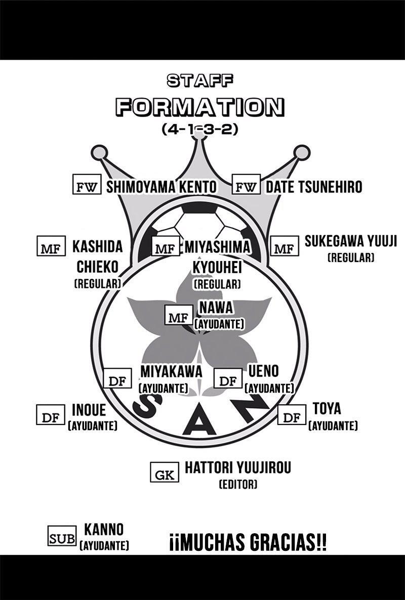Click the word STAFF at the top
tap(200, 80)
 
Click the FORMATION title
tap(200, 107)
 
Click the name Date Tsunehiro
tap(314, 187)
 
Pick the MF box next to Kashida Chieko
tap(51, 246)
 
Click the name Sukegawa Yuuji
tap(351, 241)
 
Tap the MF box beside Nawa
tap(179, 315)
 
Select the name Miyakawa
tap(172, 371)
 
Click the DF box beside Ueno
tap(228, 378)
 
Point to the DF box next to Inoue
tap(51, 414)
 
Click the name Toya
tap(327, 409)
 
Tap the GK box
tap(165, 472)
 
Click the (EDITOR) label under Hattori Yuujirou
tap(238, 485)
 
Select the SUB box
tap(62, 536)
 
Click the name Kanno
tap(104, 530)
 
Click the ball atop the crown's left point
tap(99, 153)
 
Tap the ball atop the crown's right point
tap(302, 152)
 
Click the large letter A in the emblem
tap(199, 424)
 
